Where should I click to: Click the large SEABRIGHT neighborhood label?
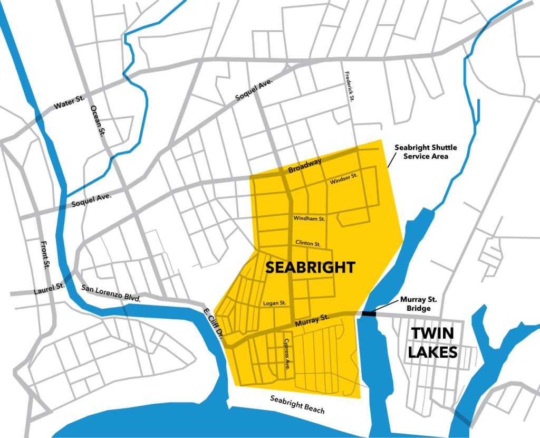[x=310, y=267]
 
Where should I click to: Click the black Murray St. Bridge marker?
[x=369, y=313]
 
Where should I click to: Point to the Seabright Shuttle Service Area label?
[x=426, y=152]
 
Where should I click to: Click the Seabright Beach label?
[x=297, y=404]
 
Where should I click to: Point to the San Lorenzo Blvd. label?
[x=110, y=293]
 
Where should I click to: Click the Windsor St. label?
[x=344, y=178]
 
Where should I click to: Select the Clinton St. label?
[x=308, y=244]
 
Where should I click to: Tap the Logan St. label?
[x=274, y=303]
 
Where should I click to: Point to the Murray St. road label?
[x=310, y=319]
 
